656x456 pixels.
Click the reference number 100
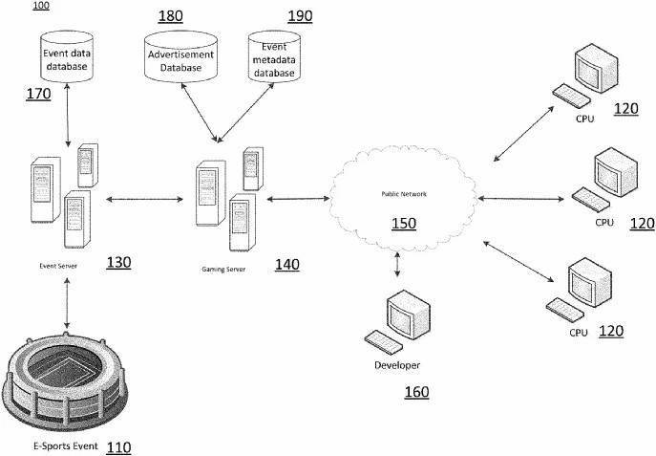(x=44, y=6)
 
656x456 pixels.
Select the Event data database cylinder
(x=68, y=57)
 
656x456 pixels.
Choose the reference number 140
(x=286, y=265)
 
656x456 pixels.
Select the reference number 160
(x=415, y=392)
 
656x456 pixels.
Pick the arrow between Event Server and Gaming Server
(x=146, y=200)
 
